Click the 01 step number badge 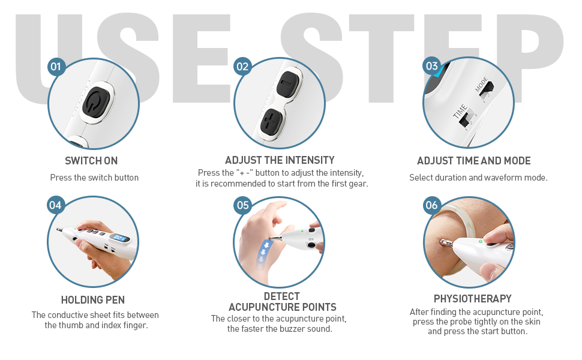point(56,67)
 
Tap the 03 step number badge point(431,66)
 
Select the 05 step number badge point(243,205)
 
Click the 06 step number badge point(431,205)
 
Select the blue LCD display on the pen point(121,238)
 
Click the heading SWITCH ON point(91,161)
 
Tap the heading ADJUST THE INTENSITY point(280,160)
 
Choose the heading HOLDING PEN point(93,300)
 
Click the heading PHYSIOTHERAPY point(473,299)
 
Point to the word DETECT point(282,296)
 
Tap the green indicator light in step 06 point(481,241)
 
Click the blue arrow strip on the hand point(265,251)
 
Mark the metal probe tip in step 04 point(59,230)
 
